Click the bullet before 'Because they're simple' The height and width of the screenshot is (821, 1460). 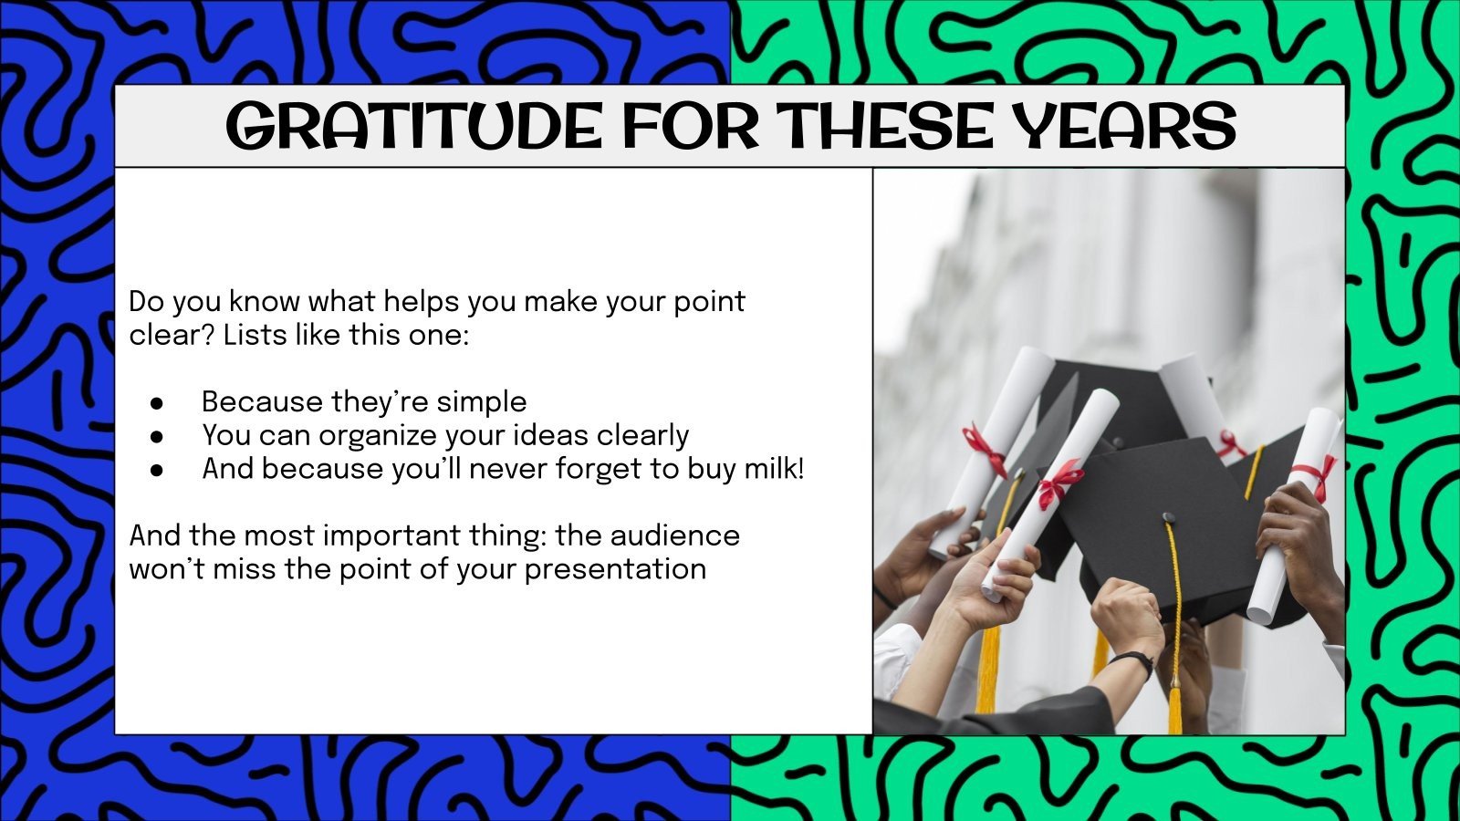(157, 402)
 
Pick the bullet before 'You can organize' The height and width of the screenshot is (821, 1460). (157, 436)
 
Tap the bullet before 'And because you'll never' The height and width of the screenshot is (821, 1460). (157, 470)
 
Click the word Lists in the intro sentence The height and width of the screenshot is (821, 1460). (255, 335)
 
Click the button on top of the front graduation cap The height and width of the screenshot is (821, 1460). (1169, 518)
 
